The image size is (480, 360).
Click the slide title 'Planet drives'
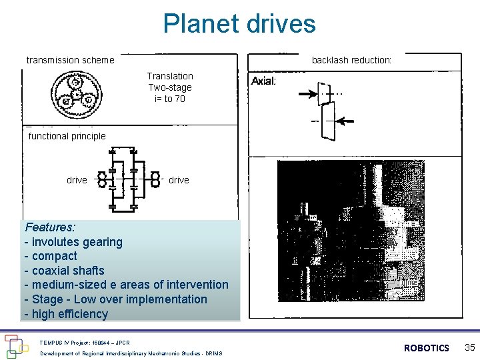coord(239,24)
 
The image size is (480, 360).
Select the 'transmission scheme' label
coord(70,60)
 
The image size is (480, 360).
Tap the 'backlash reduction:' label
coord(351,60)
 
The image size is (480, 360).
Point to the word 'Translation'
coord(170,76)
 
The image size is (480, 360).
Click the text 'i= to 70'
coord(170,99)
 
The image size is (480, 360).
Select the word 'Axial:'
coord(263,81)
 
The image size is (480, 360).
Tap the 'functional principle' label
coord(67,136)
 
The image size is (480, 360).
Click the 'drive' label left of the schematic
coord(77,180)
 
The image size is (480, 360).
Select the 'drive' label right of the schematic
coord(179,180)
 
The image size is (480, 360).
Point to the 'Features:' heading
coord(50,227)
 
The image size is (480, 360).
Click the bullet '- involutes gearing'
coord(73,242)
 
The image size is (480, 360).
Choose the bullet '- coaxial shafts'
coord(64,271)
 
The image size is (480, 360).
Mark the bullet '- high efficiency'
coord(66,314)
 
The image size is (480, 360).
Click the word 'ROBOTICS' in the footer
coord(427,348)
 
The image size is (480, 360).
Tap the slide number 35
coord(469,347)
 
